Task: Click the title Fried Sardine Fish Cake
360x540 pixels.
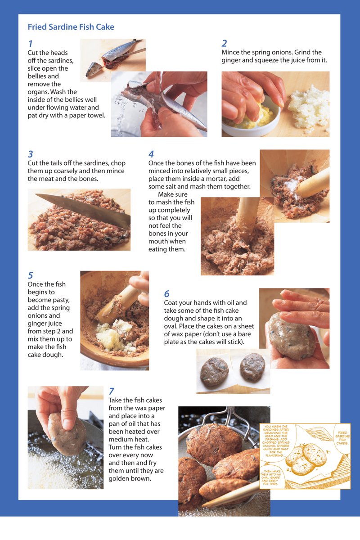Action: pyautogui.click(x=71, y=27)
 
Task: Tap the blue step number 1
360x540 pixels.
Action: pyautogui.click(x=31, y=44)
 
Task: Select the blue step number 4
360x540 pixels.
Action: pyautogui.click(x=151, y=154)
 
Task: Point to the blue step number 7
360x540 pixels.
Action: pyautogui.click(x=111, y=391)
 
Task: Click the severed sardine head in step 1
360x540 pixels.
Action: pyautogui.click(x=94, y=69)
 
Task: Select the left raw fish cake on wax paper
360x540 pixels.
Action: pyautogui.click(x=214, y=372)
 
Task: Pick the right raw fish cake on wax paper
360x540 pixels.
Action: pyautogui.click(x=252, y=367)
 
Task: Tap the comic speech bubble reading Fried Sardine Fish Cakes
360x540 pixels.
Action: pyautogui.click(x=342, y=438)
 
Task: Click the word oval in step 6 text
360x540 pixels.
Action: pyautogui.click(x=171, y=326)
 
